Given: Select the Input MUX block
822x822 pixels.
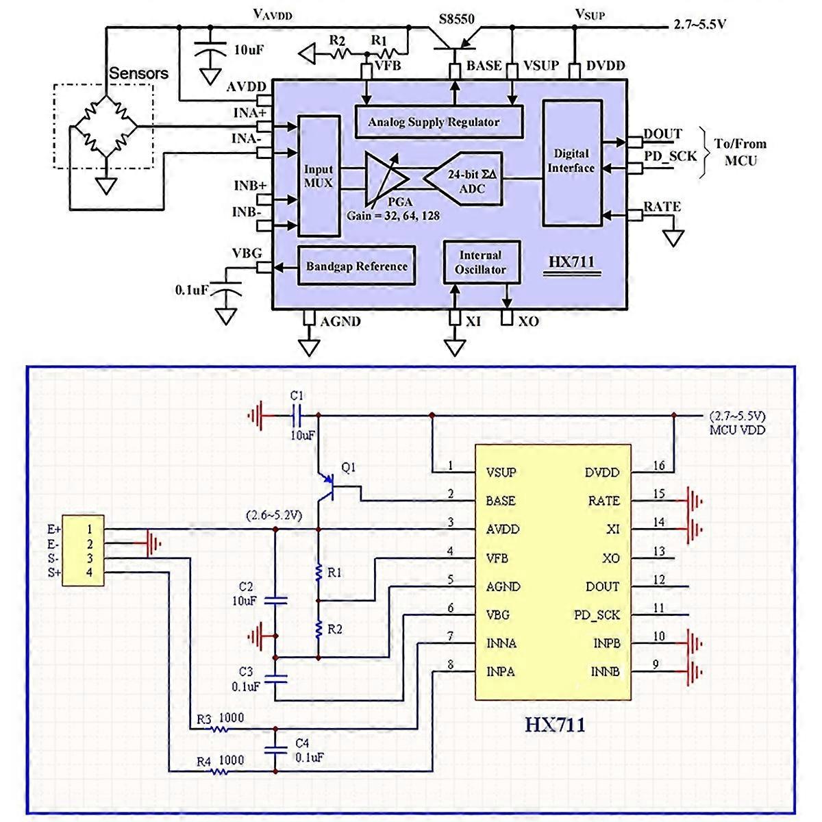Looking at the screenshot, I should pyautogui.click(x=318, y=176).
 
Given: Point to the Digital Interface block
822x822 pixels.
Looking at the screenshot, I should pyautogui.click(x=571, y=162).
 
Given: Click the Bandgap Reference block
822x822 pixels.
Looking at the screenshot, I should pyautogui.click(x=356, y=266).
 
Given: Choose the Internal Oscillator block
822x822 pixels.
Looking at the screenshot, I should pyautogui.click(x=480, y=262).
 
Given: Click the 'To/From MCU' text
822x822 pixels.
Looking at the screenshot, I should pyautogui.click(x=740, y=152).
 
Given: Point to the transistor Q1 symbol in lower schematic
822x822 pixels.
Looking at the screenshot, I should pyautogui.click(x=329, y=487).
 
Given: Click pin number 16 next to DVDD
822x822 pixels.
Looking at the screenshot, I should pyautogui.click(x=658, y=466).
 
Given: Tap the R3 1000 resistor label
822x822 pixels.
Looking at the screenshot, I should pyautogui.click(x=220, y=720).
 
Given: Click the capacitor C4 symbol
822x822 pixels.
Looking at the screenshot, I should pyautogui.click(x=276, y=748).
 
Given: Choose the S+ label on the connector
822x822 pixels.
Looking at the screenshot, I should pyautogui.click(x=54, y=572).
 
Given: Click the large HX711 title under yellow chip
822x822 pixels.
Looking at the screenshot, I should pyautogui.click(x=555, y=725).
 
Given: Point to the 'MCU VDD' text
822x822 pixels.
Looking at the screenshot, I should pyautogui.click(x=737, y=430).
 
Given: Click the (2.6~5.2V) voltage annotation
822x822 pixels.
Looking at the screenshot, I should pyautogui.click(x=273, y=514).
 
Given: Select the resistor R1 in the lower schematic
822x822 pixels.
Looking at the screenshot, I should pyautogui.click(x=318, y=573).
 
